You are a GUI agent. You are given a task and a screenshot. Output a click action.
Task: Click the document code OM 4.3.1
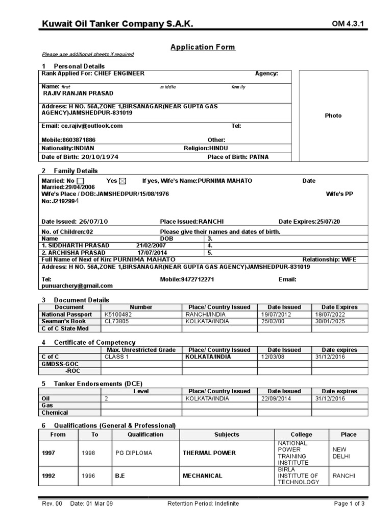coord(350,24)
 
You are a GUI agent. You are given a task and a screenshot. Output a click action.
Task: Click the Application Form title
coord(203,47)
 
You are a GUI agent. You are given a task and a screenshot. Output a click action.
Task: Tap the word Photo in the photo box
coord(333,115)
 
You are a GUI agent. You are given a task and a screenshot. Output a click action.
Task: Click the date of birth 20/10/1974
coord(100,157)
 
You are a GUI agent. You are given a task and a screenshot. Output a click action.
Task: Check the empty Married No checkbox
coord(81,181)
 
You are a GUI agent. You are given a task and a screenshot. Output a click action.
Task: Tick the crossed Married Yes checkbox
coord(122,181)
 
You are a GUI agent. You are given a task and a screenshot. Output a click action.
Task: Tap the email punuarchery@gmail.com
coord(77,286)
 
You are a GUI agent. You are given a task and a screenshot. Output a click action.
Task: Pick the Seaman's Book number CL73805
coord(116,321)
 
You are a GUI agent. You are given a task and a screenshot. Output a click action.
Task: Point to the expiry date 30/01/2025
coord(330,321)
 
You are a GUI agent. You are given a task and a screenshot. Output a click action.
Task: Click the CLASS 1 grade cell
coord(117,356)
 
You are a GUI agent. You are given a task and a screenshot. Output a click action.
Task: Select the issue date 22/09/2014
coord(277,398)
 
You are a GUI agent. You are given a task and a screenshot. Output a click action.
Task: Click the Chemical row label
coord(55,412)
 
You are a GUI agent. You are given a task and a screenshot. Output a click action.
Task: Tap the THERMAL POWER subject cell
coord(209,453)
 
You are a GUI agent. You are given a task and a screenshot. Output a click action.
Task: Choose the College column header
coord(301,434)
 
